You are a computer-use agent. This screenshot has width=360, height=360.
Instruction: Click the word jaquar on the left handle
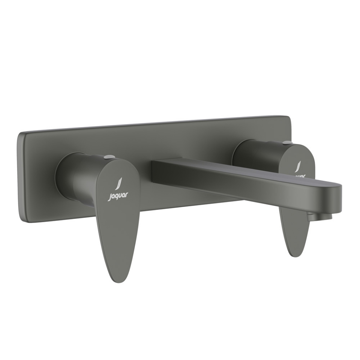(x=118, y=195)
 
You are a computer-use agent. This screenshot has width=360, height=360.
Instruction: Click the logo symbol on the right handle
(x=298, y=166)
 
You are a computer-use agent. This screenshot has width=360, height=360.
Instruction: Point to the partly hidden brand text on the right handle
(x=300, y=175)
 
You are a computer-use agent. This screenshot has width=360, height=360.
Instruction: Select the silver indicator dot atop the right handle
(x=287, y=142)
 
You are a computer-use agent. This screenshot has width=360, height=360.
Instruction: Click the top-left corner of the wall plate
(x=21, y=134)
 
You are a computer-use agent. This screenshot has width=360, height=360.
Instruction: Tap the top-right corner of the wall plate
(x=289, y=117)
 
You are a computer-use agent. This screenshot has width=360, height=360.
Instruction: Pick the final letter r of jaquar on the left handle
(x=127, y=194)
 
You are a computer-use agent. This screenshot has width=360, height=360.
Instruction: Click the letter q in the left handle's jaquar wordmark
(x=117, y=196)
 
